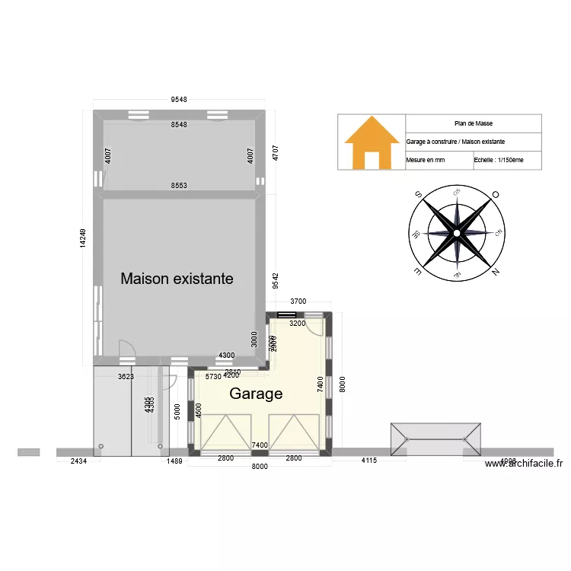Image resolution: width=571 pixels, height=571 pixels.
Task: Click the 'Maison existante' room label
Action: click(177, 279)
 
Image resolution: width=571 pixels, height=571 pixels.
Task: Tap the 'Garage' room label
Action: click(256, 394)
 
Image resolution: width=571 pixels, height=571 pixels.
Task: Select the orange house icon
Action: click(372, 142)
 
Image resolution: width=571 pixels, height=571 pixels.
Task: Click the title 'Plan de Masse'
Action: click(473, 123)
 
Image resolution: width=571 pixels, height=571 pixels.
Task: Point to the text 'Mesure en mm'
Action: click(426, 161)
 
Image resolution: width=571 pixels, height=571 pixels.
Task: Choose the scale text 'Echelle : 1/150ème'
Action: click(499, 161)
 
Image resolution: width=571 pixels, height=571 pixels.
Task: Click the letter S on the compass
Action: click(417, 196)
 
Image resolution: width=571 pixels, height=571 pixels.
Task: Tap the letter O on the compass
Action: click(496, 195)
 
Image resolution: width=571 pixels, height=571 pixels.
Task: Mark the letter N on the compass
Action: click(496, 273)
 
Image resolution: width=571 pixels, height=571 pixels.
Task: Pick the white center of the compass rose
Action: click(456, 234)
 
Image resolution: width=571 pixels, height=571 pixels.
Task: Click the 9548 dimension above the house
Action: click(179, 100)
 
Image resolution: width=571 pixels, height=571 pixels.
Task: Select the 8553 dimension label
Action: click(179, 186)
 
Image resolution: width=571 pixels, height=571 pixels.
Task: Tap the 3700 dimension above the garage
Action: click(298, 301)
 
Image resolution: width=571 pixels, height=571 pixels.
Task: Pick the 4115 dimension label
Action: click(368, 461)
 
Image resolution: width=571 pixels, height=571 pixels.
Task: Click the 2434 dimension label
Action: click(79, 461)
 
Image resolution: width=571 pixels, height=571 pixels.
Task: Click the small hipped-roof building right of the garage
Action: click(435, 439)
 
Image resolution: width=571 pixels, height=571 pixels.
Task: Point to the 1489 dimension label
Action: click(174, 461)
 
